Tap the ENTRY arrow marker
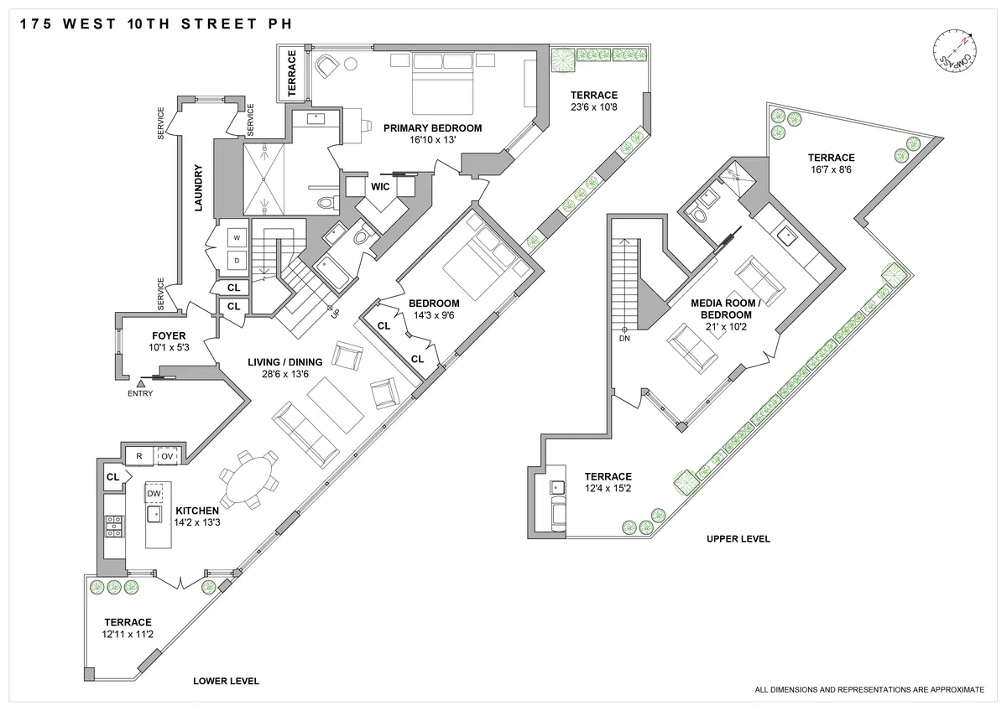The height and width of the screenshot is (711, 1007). (140, 383)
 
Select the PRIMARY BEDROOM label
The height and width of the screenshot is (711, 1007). (432, 128)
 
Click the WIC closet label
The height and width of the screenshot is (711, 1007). (380, 186)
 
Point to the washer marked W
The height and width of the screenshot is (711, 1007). (237, 238)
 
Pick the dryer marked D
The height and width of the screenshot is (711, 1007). (237, 261)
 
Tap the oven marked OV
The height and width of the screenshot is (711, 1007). (166, 456)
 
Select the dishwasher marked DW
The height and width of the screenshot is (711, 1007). (154, 495)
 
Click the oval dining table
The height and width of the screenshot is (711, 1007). (248, 480)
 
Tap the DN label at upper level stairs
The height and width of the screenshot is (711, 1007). (624, 339)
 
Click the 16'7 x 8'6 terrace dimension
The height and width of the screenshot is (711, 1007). (831, 169)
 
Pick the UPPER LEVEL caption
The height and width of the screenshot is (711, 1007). (738, 539)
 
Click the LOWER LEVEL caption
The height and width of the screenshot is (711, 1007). (226, 682)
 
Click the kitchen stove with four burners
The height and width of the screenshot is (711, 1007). (113, 526)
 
